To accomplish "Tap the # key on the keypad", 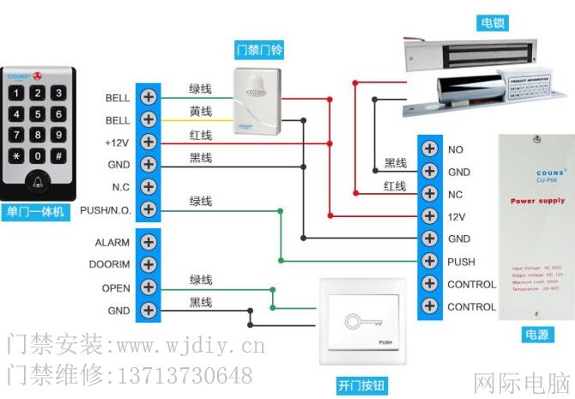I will coord(58,155).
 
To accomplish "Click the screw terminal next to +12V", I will coord(148,141).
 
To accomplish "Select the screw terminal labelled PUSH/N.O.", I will coord(148,209).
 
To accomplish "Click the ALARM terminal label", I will coord(112,243).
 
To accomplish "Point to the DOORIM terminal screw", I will coord(148,265).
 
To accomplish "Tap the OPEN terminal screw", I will coord(148,287).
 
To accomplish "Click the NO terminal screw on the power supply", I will coord(429,149).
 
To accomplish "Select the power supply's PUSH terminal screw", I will coord(429,261).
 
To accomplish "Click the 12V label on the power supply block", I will coord(457,217).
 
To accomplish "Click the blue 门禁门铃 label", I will coord(259,50).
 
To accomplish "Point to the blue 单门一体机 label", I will coord(36,212).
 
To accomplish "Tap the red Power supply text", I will coord(538,201).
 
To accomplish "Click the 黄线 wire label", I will coord(201,112).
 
